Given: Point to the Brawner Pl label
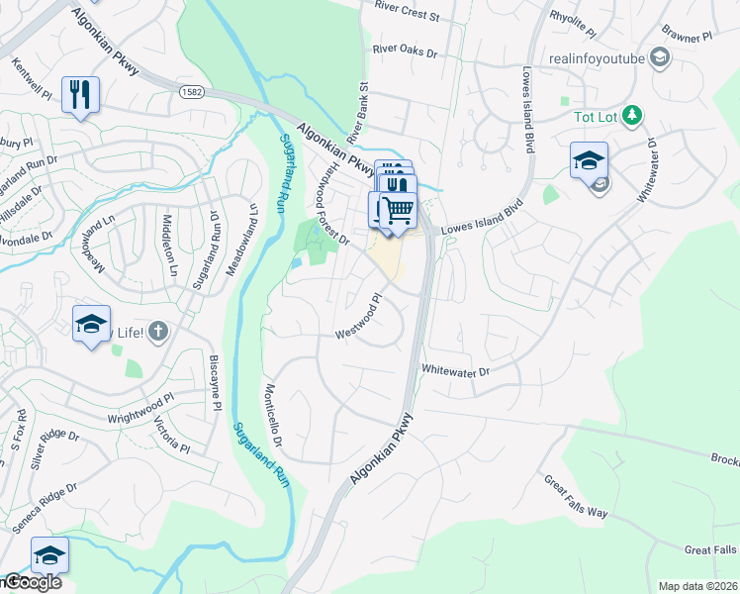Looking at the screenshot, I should (x=689, y=37).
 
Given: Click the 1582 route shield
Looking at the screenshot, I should (x=193, y=91).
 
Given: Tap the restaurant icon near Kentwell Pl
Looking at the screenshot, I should (x=78, y=95).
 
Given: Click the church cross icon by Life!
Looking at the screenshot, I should (x=157, y=333).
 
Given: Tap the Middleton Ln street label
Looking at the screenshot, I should (x=170, y=247).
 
